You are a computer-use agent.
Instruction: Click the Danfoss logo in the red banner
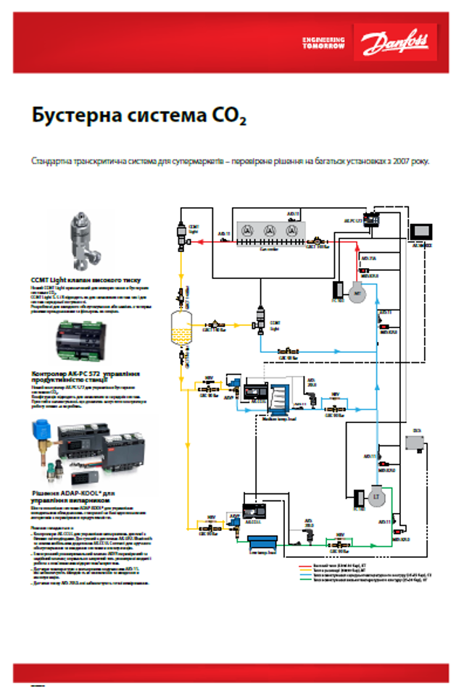pyautogui.click(x=394, y=42)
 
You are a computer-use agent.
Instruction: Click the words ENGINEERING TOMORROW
pyautogui.click(x=324, y=42)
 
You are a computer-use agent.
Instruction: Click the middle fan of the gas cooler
pyautogui.click(x=270, y=230)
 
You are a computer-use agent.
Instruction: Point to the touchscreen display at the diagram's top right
pyautogui.click(x=420, y=232)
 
